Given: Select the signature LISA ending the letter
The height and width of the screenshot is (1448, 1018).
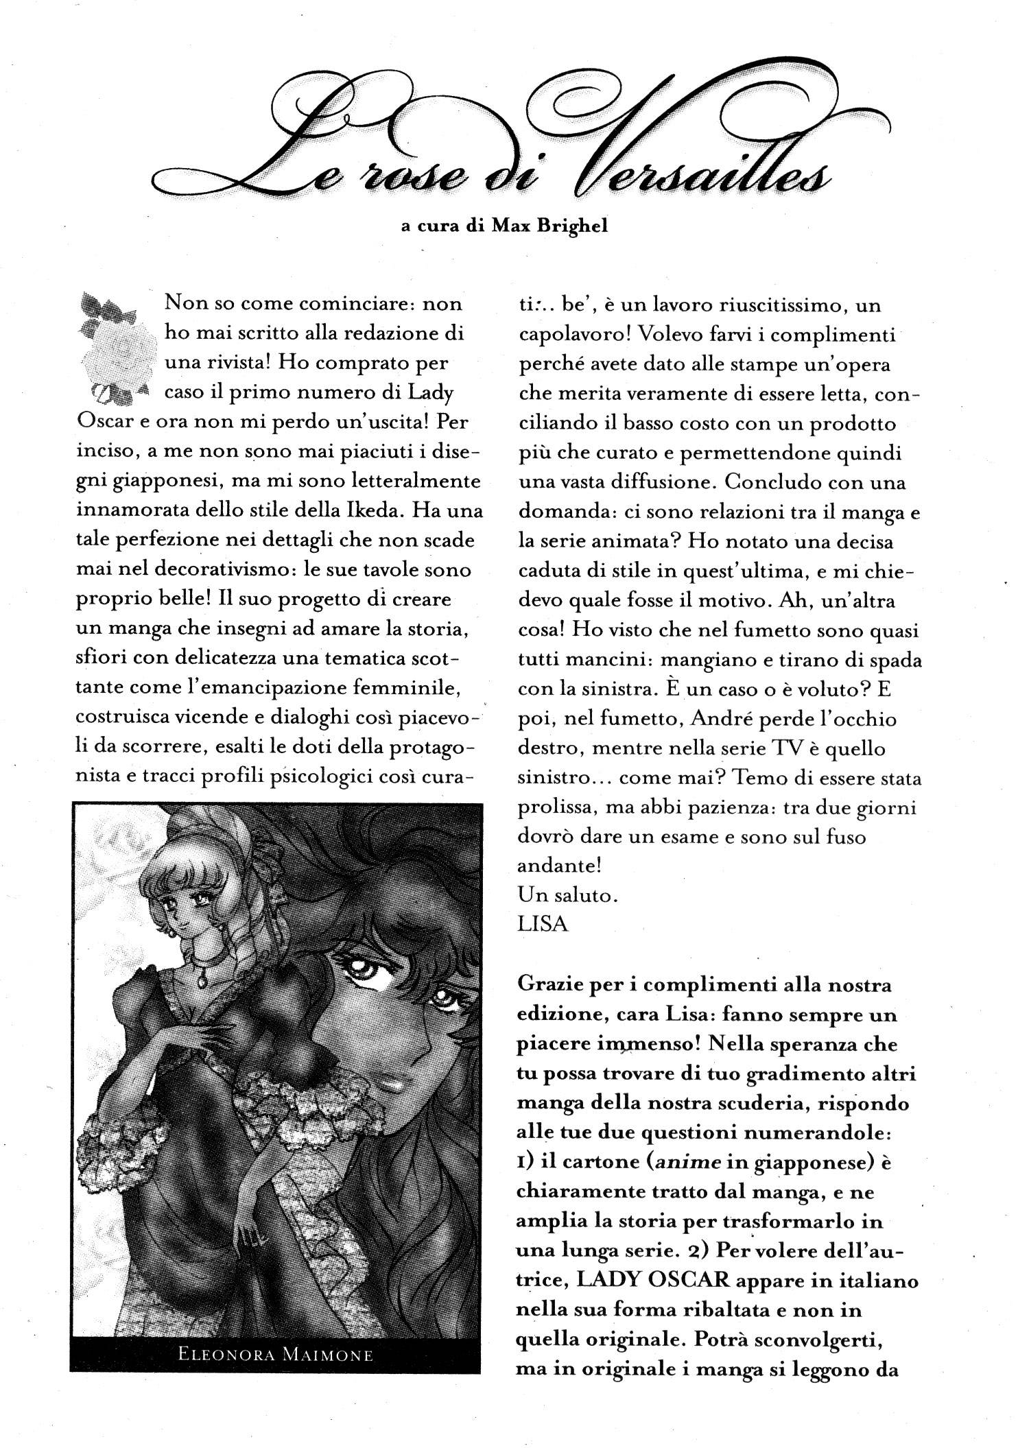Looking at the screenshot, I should pos(543,924).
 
